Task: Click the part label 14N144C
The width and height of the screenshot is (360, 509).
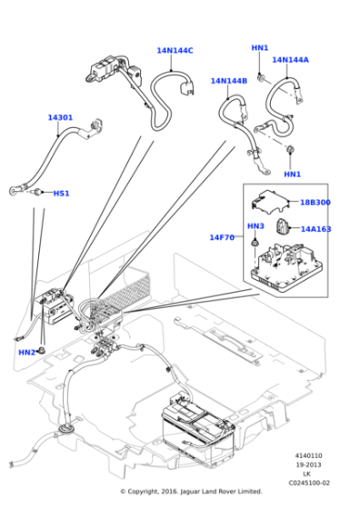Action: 175,51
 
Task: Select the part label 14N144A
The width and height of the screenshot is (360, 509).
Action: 290,60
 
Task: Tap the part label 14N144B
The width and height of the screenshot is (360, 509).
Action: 229,81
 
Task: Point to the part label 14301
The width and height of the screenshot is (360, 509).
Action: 60,117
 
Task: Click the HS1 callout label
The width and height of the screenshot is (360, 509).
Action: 61,194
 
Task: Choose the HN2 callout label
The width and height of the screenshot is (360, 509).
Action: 27,353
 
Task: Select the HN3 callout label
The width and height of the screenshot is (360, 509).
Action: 255,226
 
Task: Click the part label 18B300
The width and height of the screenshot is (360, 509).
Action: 315,203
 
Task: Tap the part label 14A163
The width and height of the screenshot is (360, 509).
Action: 315,229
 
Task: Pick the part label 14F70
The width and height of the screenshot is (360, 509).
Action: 222,237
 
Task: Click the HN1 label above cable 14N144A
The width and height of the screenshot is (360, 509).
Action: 260,48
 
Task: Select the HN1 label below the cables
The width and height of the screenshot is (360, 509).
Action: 293,175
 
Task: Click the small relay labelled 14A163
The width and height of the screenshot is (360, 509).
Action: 282,226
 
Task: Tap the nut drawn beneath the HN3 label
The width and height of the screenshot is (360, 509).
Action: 255,243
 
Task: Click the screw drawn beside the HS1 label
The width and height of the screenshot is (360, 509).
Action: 38,192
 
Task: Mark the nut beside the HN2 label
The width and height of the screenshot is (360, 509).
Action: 42,351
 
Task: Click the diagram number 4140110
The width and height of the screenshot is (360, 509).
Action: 308,455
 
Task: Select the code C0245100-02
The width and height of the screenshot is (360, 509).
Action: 309,483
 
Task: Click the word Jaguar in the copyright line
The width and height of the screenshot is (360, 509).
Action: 190,492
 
